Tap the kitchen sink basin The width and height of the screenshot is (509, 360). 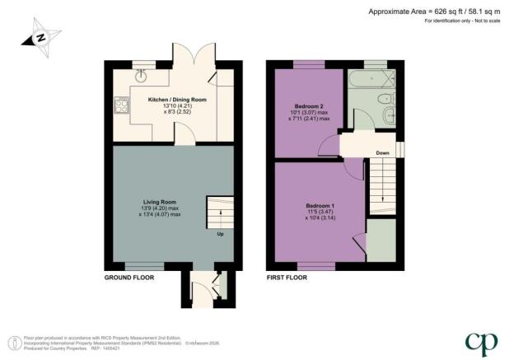[x=141, y=77]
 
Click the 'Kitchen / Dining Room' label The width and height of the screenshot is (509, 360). [x=176, y=100]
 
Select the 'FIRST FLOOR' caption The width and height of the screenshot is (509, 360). [x=287, y=278]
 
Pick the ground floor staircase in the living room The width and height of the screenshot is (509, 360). [x=219, y=213]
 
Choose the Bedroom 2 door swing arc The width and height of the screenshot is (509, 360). [x=329, y=146]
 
